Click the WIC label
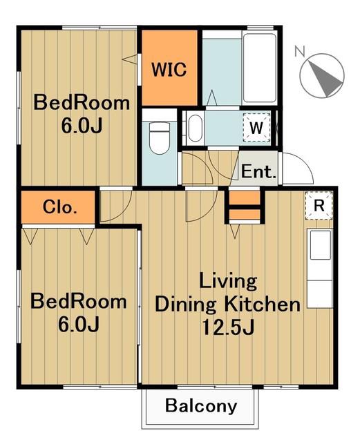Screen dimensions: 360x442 169,69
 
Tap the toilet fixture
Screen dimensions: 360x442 160,138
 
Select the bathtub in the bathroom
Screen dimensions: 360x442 260,68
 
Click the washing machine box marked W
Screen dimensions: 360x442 257,128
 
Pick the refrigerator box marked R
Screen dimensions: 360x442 319,205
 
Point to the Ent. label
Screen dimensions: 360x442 258,171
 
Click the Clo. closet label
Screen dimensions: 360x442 60,207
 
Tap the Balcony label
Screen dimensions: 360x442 201,406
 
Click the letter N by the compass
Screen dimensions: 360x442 300,51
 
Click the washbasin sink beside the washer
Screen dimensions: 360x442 195,128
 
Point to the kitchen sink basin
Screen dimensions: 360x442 320,244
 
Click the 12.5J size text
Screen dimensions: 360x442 228,327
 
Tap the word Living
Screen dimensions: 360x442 228,281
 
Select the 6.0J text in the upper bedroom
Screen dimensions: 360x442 82,126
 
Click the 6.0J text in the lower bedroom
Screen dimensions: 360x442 79,324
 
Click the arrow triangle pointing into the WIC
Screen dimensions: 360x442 130,59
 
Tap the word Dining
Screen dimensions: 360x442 186,305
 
